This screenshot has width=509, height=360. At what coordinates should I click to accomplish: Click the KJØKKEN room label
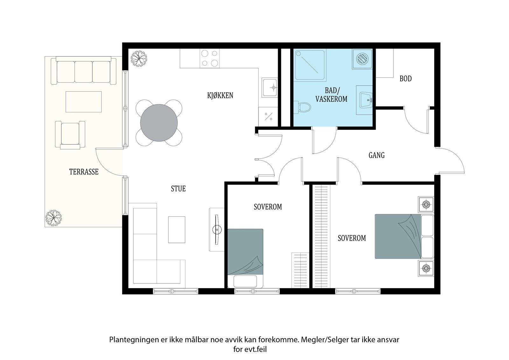[220, 95]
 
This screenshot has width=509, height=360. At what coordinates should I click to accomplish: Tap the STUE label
[178, 188]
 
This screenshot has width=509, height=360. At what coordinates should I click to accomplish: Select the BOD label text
[406, 79]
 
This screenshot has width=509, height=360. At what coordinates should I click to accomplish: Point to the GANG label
[377, 155]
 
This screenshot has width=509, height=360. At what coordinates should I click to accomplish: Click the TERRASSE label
[84, 172]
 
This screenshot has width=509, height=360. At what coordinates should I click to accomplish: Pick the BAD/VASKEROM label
[331, 95]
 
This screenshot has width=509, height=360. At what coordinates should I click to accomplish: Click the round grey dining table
[159, 123]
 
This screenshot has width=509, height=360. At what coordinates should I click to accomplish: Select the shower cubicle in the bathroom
[310, 65]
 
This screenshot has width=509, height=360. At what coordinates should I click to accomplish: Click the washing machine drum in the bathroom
[362, 59]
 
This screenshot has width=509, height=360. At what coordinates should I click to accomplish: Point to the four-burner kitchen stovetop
[210, 58]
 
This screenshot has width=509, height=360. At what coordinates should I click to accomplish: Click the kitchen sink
[270, 88]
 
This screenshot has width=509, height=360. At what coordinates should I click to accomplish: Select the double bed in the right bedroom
[404, 236]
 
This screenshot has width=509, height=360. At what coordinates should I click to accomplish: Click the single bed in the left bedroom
[245, 258]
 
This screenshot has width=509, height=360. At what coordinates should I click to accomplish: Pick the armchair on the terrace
[70, 135]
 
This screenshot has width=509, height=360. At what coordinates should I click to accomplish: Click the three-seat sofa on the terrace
[83, 70]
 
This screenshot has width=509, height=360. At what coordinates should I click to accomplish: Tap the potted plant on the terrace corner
[53, 218]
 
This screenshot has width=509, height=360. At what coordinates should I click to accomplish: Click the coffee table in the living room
[177, 230]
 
